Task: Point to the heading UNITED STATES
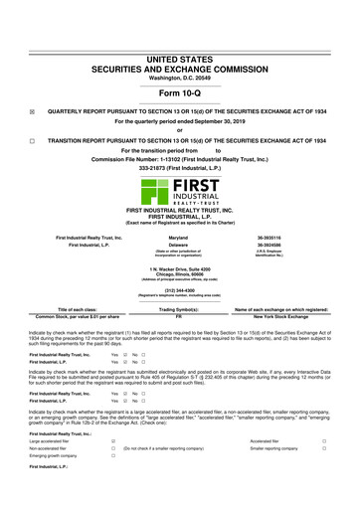coord(180,33)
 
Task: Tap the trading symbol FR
coord(180,319)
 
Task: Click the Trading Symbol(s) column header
coord(180,311)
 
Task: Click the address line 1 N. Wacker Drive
coord(180,268)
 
